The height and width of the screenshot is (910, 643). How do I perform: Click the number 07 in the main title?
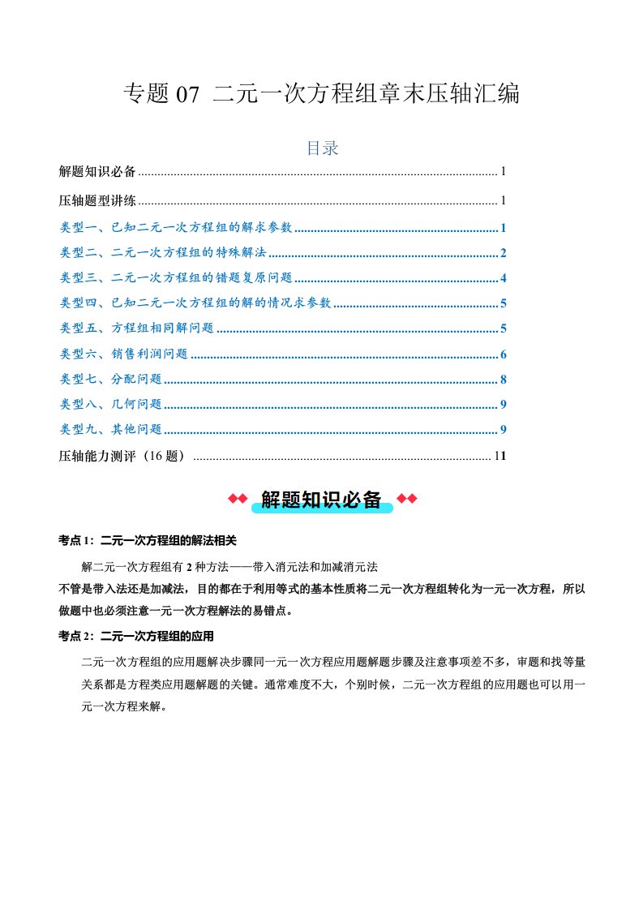click(x=186, y=95)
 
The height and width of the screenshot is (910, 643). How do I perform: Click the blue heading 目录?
click(x=321, y=148)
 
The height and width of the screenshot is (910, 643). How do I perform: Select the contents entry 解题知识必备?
click(x=98, y=172)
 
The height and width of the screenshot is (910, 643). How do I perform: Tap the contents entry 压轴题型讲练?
click(x=98, y=200)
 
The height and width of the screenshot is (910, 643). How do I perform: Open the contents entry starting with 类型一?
click(x=176, y=228)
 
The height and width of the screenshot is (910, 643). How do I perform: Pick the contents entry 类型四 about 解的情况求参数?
click(x=195, y=303)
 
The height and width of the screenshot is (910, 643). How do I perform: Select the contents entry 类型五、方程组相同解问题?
click(x=137, y=328)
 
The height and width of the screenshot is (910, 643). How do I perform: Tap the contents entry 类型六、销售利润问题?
click(x=124, y=354)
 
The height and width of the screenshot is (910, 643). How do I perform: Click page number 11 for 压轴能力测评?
click(x=500, y=456)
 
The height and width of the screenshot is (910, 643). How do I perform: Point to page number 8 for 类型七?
click(x=504, y=380)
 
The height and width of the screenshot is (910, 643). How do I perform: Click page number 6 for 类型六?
click(x=504, y=354)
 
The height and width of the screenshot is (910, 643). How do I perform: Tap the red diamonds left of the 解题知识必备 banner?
click(x=237, y=499)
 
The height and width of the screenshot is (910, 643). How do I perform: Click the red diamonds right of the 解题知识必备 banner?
click(x=407, y=499)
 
